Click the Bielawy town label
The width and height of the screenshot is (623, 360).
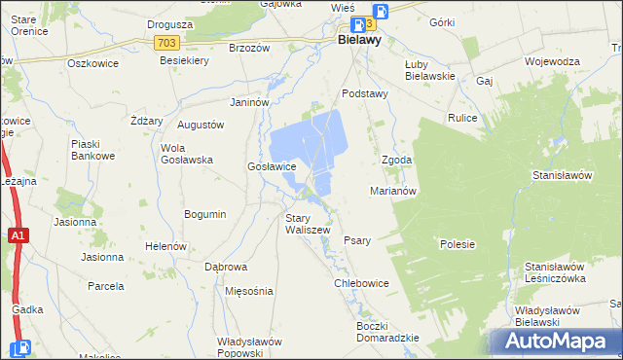coord(359,42)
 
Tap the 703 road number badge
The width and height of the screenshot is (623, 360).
coord(165,43)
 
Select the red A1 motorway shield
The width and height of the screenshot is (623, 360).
coord(18,235)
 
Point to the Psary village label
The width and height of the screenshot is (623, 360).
coord(357,240)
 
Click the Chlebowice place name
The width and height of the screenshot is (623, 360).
coord(361,283)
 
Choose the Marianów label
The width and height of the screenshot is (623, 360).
coord(393,191)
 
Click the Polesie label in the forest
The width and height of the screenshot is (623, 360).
coord(457,244)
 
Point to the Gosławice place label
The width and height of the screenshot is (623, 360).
coord(272,166)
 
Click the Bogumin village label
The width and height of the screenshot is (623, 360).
coord(205,214)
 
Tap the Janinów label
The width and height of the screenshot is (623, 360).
coord(248,102)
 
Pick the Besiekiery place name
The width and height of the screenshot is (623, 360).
coord(184,60)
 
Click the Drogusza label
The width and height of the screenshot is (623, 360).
coord(167,24)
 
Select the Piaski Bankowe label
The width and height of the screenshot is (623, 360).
coord(93,150)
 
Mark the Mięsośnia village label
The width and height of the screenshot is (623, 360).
coord(248,291)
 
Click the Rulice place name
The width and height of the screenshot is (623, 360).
coord(461,119)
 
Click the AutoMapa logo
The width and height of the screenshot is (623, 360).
coord(556,341)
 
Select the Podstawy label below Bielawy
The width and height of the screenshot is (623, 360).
coord(365,93)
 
